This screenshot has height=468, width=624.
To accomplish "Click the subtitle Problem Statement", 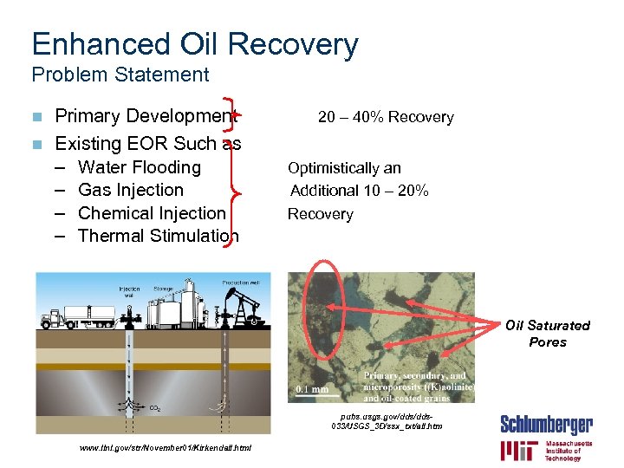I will (120, 75).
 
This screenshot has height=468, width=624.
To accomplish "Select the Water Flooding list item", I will (139, 167).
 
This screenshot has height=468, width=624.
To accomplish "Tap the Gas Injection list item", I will (130, 190).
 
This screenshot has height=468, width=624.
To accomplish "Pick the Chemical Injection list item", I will (151, 213).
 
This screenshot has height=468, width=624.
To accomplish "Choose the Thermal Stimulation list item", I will (158, 236).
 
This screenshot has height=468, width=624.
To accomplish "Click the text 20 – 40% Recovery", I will (386, 117).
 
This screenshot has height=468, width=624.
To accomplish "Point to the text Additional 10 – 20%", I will (359, 191).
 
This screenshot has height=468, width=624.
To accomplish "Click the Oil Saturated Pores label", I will (547, 334).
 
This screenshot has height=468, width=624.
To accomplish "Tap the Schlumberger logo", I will (546, 425).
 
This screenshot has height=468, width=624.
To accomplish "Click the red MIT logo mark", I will (517, 450).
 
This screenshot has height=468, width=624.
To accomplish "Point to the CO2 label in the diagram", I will (154, 407).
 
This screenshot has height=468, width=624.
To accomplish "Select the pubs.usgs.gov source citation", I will (386, 421).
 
